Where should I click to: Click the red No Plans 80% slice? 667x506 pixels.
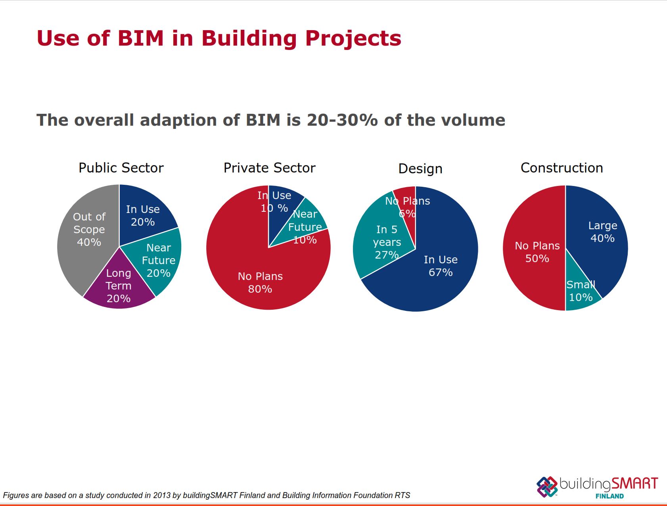pos(254,278)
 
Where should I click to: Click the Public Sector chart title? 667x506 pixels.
pos(121,168)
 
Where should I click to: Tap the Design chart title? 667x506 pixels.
pos(420,169)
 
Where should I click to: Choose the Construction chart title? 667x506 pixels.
pos(562,168)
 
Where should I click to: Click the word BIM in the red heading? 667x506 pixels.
pos(140,38)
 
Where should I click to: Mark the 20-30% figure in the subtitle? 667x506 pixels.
pos(342,120)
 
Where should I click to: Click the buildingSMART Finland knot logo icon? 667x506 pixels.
pos(547,487)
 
